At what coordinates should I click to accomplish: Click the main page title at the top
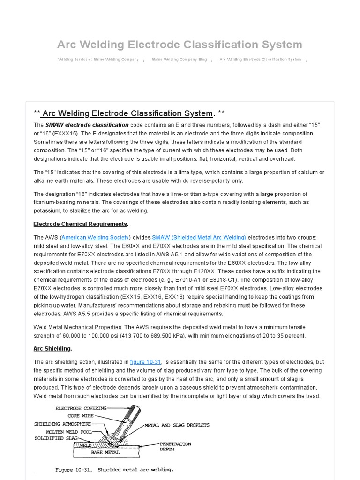pos(180,45)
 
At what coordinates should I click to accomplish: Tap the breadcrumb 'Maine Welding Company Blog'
pos(179,60)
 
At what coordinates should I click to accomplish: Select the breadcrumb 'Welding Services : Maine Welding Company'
pos(98,60)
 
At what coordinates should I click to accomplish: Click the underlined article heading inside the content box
pos(127,113)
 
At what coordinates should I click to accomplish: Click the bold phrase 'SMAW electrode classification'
pos(87,125)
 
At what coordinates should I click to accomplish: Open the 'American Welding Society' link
pos(96,238)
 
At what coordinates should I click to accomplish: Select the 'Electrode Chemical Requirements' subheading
pos(80,224)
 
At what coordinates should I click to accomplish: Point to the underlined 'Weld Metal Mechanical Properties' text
pos(77,327)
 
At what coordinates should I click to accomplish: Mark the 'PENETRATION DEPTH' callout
pos(175,446)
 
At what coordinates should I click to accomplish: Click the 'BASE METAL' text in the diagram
pos(105,453)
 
